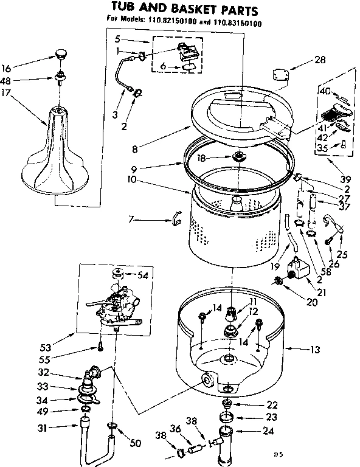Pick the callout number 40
[x=325, y=91]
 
